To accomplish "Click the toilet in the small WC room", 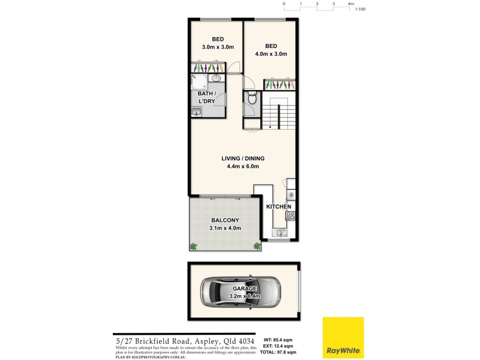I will point(252,99).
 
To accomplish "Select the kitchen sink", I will point(280,232).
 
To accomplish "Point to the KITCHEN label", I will point(278,206).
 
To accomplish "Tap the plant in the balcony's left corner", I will point(194,246).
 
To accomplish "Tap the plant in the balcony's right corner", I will point(257,245).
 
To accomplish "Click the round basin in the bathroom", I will point(216,78).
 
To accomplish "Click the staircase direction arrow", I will point(271,125).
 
